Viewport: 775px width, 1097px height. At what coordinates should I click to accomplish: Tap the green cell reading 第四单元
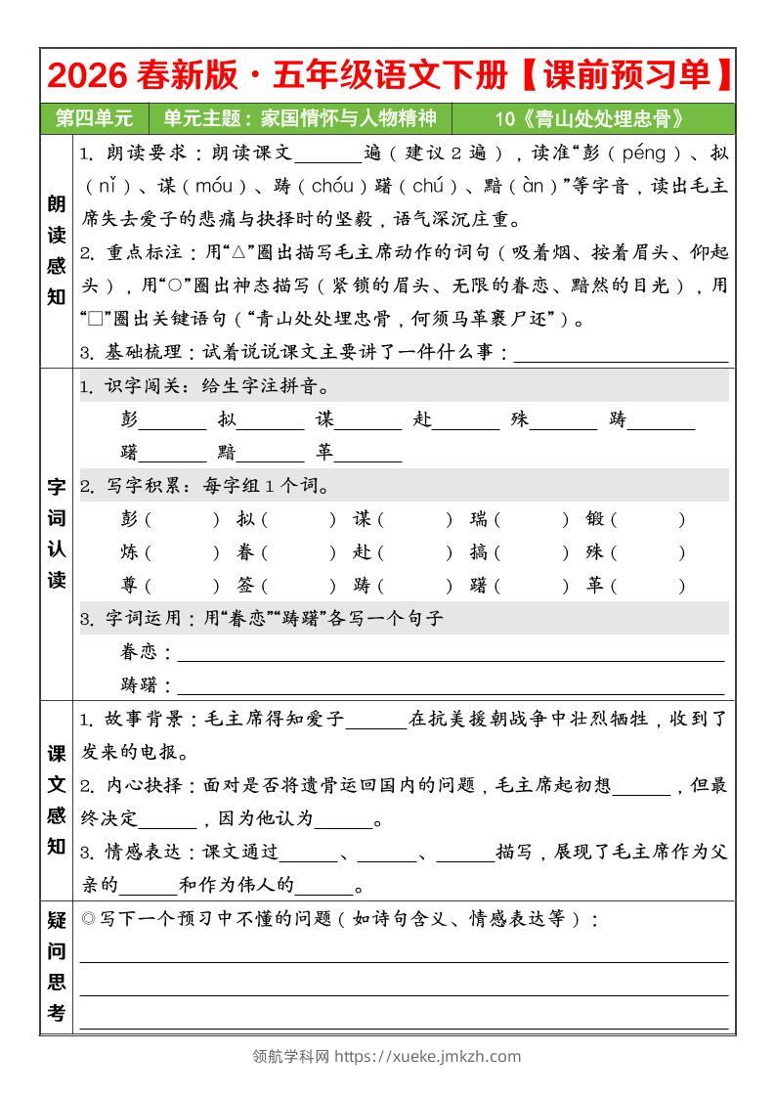click(x=94, y=119)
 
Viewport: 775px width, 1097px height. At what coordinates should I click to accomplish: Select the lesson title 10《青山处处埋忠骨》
click(x=590, y=119)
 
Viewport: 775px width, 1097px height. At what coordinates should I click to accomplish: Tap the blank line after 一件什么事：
click(x=621, y=353)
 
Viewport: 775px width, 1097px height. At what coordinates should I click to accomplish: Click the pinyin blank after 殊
click(x=563, y=420)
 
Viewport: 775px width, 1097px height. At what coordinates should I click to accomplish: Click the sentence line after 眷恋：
click(x=450, y=652)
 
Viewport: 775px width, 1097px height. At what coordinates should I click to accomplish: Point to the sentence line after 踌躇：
click(x=450, y=684)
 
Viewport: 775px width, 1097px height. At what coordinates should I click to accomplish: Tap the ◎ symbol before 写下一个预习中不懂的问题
click(x=88, y=919)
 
